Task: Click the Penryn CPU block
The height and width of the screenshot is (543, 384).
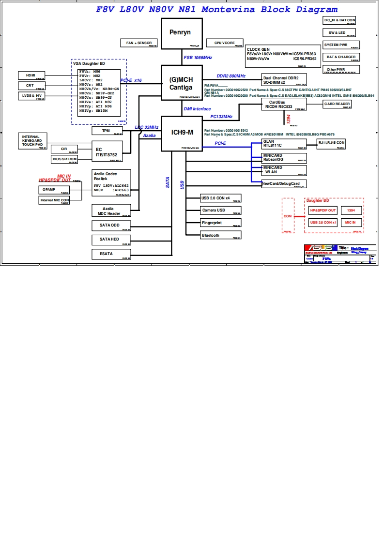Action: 181,33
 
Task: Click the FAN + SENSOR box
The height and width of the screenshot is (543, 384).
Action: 139,43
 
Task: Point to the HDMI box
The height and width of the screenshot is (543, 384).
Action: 31,75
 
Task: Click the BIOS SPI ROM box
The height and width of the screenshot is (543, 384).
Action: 64,159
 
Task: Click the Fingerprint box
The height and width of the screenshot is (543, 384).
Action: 220,223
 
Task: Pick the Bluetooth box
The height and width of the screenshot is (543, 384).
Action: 220,235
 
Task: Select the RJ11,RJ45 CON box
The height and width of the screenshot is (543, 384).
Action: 331,143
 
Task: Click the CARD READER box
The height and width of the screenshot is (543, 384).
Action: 337,104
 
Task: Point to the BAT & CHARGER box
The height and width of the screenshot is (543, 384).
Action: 341,57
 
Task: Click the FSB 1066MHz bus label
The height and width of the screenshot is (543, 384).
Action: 198,58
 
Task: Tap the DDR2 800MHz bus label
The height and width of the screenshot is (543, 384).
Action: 231,76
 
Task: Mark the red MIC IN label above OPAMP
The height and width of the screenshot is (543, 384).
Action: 64,176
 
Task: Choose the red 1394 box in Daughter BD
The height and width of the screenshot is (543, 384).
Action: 351,211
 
